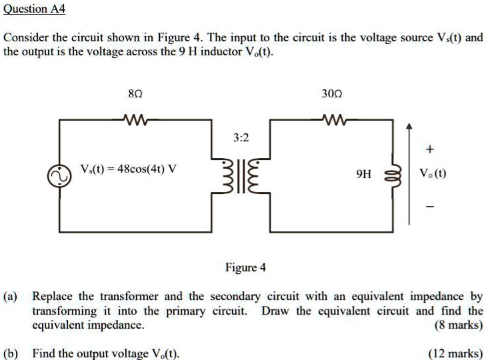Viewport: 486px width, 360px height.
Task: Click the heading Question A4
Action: (x=34, y=9)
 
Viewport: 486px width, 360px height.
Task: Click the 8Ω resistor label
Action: (x=133, y=95)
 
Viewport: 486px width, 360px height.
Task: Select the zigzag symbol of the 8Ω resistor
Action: (x=135, y=120)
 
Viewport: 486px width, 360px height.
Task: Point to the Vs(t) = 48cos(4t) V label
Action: (x=128, y=169)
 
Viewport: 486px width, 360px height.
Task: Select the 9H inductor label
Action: (x=363, y=175)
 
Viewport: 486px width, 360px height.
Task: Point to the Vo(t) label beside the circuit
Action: (x=433, y=174)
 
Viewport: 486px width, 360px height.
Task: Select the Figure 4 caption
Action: (x=245, y=268)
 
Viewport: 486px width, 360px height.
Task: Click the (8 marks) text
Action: (x=459, y=325)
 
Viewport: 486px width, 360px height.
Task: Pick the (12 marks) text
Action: (x=456, y=353)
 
